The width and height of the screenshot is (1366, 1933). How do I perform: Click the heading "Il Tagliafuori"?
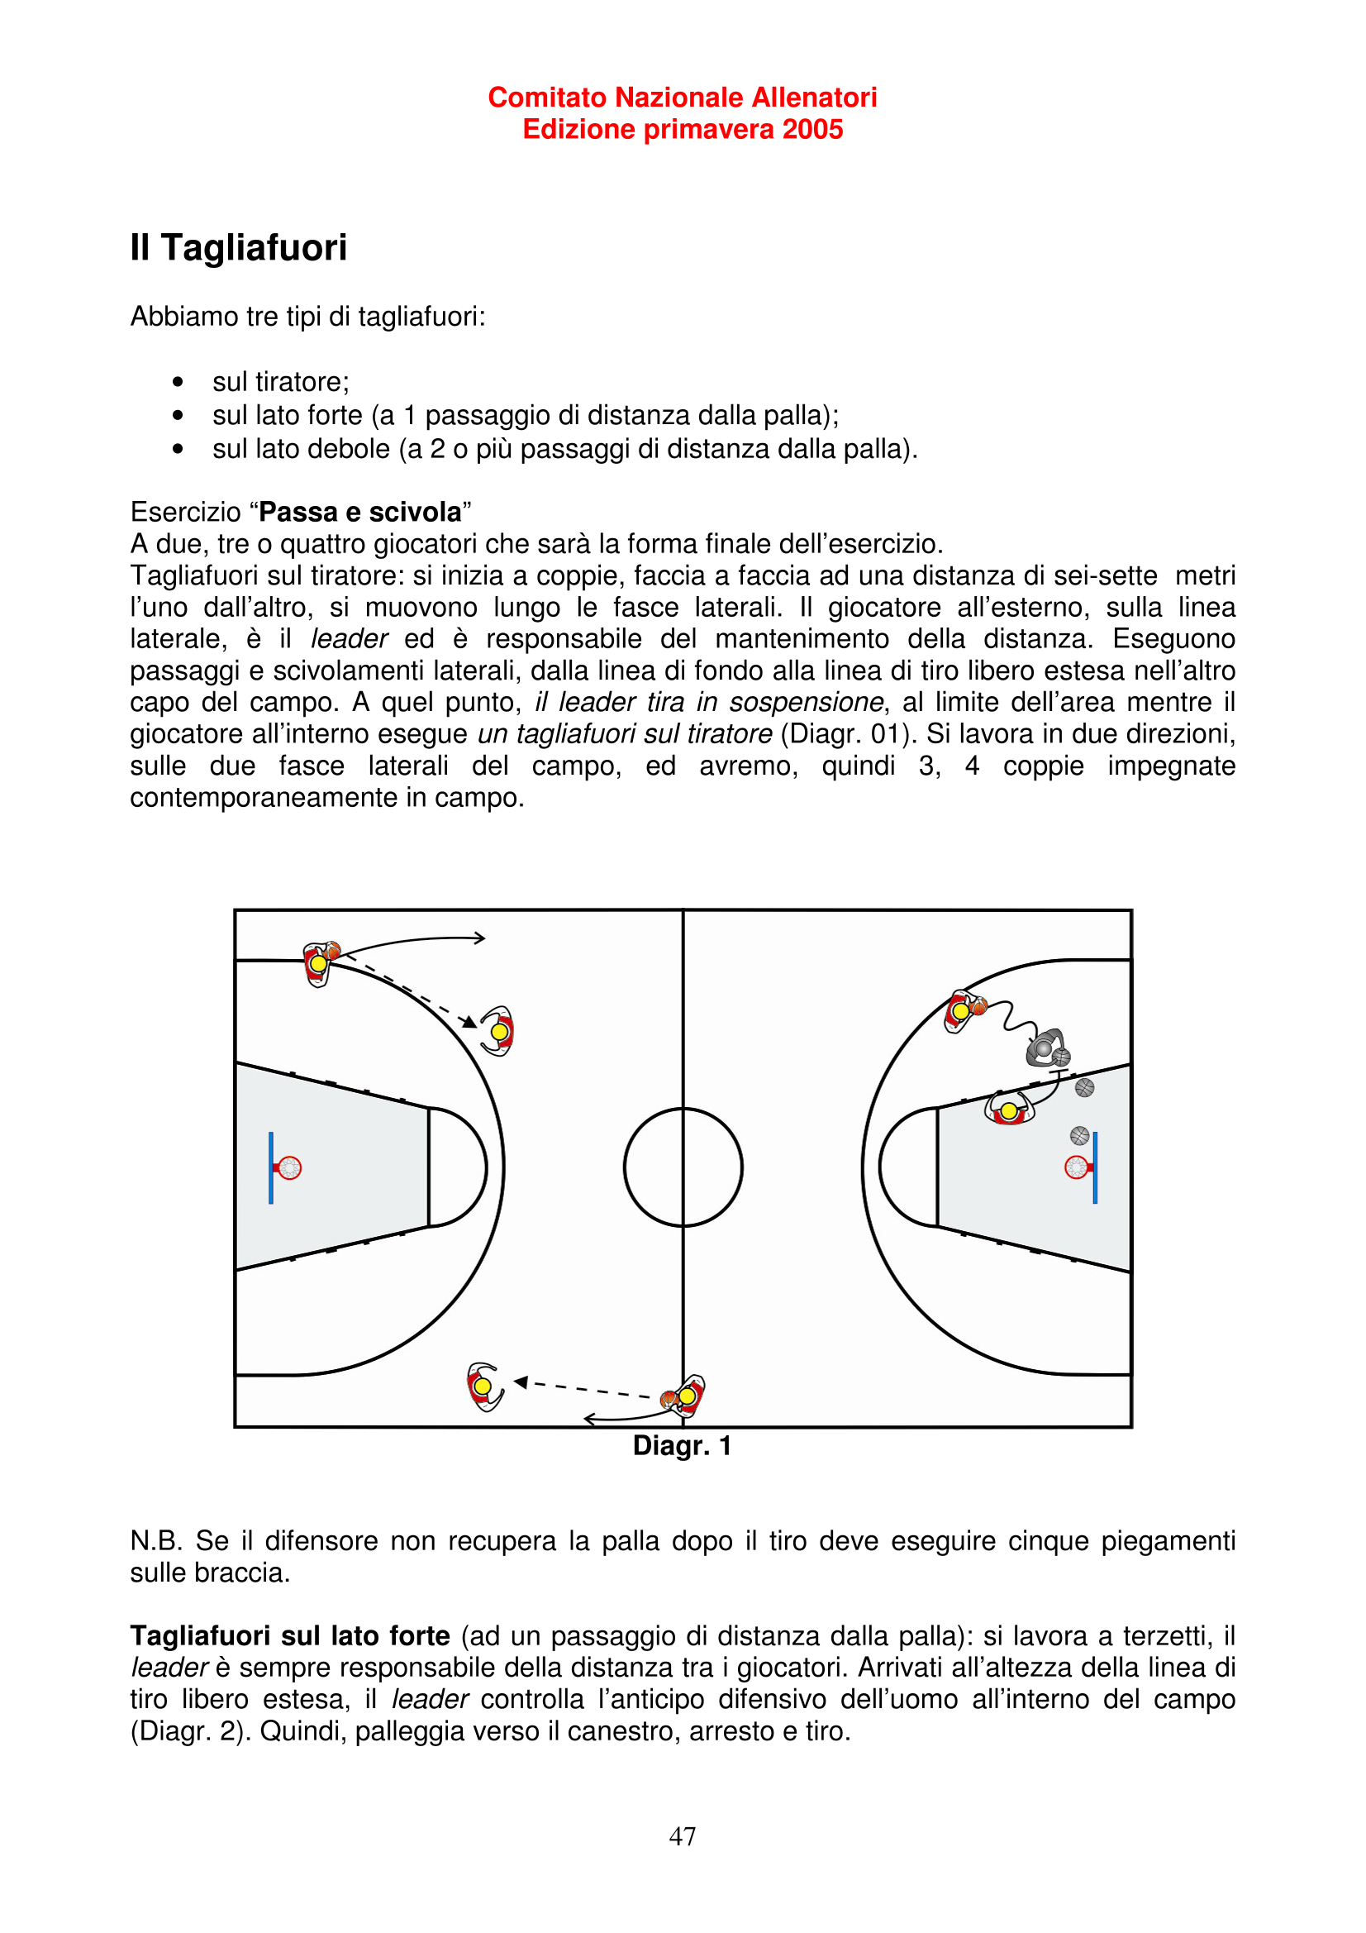coord(238,247)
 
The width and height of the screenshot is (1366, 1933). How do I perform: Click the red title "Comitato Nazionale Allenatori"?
coord(682,98)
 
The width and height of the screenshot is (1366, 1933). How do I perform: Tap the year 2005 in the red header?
coord(812,130)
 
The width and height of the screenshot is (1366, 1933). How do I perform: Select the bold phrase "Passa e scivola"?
coord(360,512)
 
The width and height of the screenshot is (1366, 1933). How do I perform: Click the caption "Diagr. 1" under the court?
coord(682,1445)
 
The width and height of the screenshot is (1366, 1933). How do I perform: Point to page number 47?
coord(682,1835)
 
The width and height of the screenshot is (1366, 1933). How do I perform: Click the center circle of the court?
coord(683,1167)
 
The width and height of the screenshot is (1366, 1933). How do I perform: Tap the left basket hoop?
coord(289,1167)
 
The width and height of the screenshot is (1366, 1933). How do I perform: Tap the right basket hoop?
coord(1076,1167)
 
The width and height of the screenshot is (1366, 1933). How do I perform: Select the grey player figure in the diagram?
coord(1046,1048)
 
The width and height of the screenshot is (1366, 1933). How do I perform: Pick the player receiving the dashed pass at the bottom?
coord(483,1386)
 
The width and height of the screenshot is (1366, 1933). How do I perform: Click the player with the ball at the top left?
coord(318,963)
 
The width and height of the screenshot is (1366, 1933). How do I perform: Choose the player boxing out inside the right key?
coord(1008,1110)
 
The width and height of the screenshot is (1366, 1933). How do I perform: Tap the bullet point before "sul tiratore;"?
coord(178,382)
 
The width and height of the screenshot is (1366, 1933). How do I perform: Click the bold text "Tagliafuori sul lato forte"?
coord(289,1636)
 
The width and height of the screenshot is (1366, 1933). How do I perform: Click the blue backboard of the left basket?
coord(270,1167)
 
